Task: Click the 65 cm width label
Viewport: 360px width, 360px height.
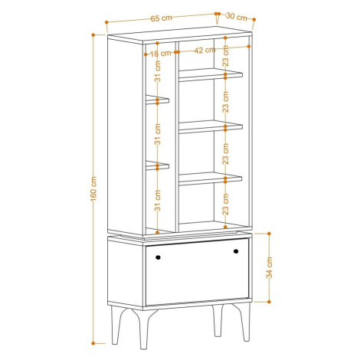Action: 161,18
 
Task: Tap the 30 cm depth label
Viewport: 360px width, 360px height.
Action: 237,17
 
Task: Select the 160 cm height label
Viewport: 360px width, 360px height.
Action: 93,188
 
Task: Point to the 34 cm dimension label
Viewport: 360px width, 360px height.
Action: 270,267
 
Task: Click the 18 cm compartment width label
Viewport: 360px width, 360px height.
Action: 160,54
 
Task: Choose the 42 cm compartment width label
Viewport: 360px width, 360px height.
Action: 205,50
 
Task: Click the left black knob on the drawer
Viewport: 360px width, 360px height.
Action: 158,257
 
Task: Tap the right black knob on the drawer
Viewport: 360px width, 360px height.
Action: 236,251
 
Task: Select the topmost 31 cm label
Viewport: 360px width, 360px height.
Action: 158,71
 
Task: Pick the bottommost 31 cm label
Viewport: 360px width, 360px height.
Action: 158,201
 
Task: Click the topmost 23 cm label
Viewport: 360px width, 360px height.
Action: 226,56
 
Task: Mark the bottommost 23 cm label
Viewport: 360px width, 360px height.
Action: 226,204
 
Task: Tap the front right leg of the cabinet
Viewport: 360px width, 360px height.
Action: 243,322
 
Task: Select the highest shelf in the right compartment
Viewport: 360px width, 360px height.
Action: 211,75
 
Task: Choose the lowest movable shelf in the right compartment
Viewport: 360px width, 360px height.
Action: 211,178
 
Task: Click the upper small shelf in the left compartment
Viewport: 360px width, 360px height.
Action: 157,100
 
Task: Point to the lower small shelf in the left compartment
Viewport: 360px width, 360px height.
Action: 157,165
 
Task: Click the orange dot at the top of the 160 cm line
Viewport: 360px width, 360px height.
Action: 93,34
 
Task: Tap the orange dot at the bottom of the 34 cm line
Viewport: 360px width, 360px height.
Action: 269,302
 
